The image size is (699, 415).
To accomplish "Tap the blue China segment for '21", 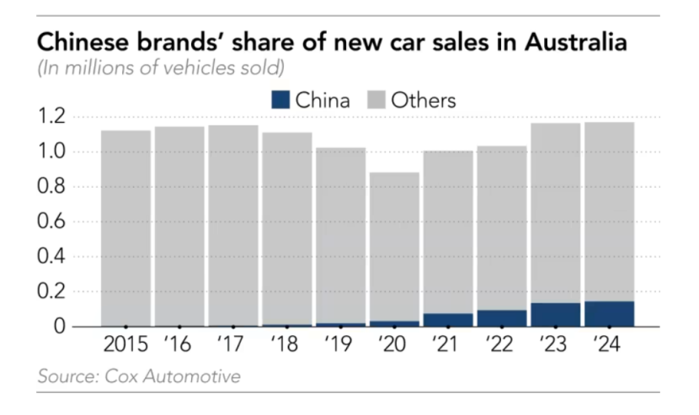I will click(449, 319).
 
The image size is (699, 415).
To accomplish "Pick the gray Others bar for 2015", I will click(125, 227).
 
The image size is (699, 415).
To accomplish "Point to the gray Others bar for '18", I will click(287, 227).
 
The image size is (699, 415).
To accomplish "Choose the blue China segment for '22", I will click(503, 317).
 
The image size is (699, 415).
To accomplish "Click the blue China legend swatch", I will click(280, 100).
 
